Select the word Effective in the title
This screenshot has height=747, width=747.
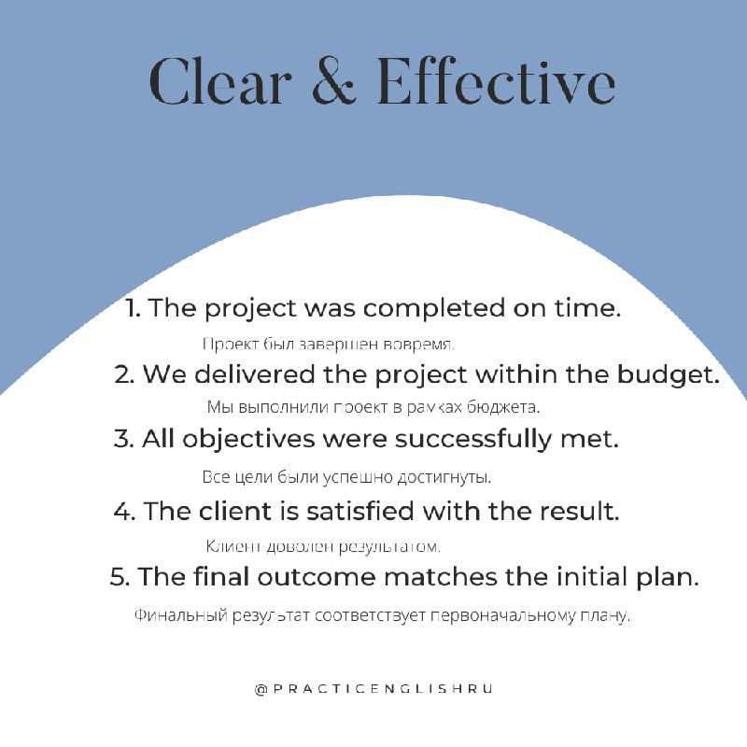pos(496,82)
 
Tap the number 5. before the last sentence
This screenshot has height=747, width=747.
pos(120,576)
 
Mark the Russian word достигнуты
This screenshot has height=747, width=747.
pos(444,477)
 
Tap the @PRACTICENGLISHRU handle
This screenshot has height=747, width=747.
pos(373,689)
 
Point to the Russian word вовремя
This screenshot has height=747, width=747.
pos(424,344)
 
